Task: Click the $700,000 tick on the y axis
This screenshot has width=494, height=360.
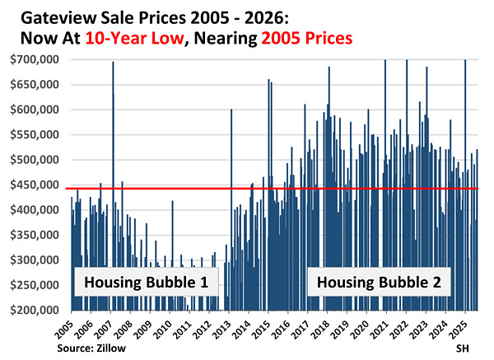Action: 34,59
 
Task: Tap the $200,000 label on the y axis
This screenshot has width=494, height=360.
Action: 34,311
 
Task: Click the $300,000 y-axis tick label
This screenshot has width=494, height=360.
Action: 34,260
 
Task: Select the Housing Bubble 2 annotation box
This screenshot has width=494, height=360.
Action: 380,283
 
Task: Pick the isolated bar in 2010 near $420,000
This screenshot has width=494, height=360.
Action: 172,247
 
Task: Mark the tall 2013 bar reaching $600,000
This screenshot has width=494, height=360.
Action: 231,206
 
